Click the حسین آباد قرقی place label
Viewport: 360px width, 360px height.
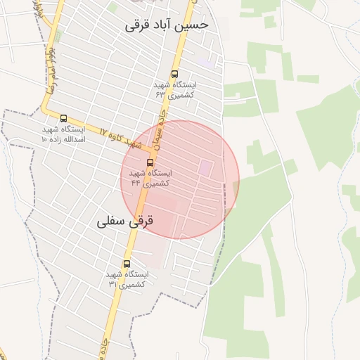[167, 25]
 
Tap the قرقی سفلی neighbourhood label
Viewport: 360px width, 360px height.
[124, 221]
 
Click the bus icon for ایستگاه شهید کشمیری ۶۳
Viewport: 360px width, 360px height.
[174, 73]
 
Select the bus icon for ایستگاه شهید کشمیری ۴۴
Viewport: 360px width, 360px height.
[150, 162]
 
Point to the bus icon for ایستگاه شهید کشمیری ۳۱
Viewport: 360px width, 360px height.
[127, 264]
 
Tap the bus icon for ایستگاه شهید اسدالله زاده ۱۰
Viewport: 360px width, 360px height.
[64, 118]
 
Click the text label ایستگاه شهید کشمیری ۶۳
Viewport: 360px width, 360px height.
[176, 89]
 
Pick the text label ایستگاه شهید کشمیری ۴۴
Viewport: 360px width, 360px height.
[150, 178]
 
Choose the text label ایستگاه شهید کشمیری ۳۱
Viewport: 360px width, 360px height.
[127, 279]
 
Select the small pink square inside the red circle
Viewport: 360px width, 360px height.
[206, 167]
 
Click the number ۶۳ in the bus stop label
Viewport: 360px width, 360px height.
[160, 94]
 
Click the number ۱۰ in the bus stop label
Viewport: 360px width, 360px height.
[44, 139]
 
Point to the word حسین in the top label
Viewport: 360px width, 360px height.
[194, 25]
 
